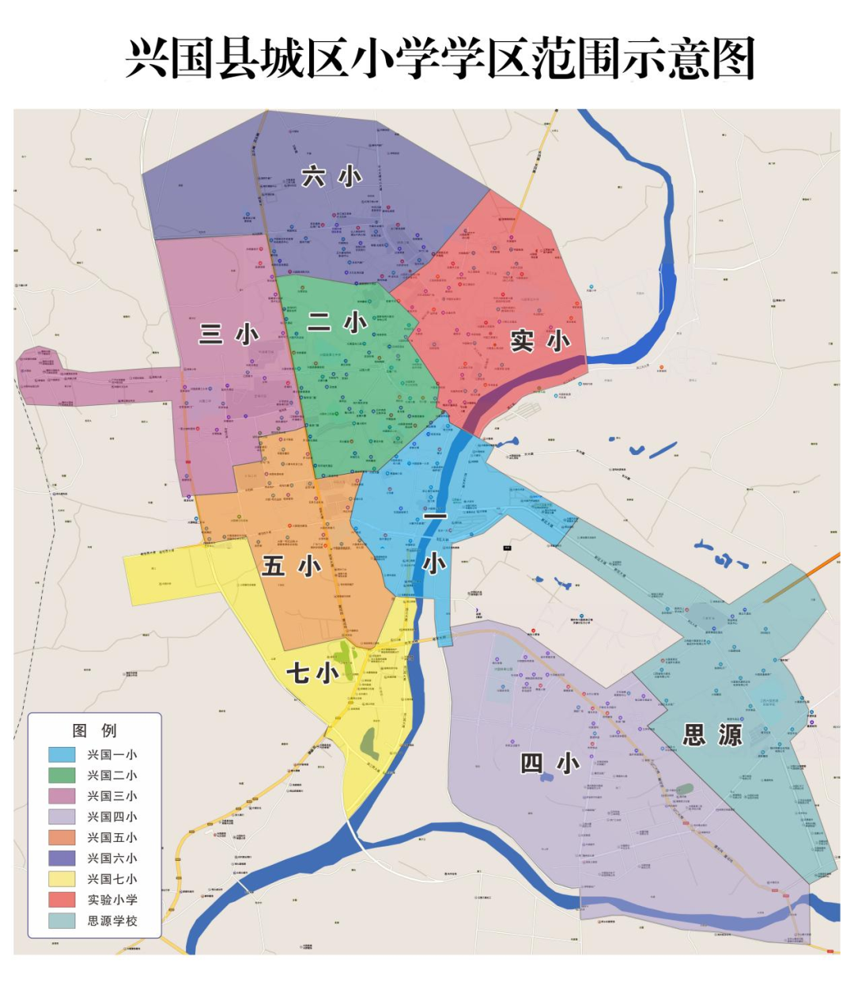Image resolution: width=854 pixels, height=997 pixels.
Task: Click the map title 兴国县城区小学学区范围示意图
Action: tap(440, 58)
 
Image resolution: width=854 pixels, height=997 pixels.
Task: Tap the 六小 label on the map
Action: tap(331, 176)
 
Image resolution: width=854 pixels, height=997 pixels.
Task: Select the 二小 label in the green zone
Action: tap(337, 322)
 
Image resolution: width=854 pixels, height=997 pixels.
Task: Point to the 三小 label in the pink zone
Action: tap(229, 334)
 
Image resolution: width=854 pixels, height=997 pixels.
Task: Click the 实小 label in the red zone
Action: tap(540, 341)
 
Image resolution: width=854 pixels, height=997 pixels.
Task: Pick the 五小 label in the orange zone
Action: tap(291, 566)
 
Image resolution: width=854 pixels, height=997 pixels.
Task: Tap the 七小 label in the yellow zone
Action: tap(312, 673)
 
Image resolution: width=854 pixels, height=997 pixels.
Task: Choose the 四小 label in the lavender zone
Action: tap(550, 763)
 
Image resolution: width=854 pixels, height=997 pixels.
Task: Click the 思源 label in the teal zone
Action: tap(712, 735)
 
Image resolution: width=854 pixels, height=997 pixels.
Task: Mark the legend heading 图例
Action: tap(94, 730)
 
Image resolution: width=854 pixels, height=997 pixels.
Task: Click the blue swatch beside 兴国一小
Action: tap(62, 755)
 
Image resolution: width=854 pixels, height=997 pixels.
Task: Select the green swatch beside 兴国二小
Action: tap(62, 775)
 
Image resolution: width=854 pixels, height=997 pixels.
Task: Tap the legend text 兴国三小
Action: tap(112, 796)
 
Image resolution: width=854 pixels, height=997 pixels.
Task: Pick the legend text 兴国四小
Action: tap(112, 817)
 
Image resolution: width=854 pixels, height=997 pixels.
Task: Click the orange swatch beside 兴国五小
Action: tap(62, 837)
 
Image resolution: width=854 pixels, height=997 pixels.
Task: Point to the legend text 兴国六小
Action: tap(112, 858)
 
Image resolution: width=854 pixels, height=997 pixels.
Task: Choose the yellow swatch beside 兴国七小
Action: tap(62, 879)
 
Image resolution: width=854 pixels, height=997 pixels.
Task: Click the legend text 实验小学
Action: tap(112, 900)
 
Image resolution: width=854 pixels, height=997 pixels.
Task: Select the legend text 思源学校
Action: tap(112, 921)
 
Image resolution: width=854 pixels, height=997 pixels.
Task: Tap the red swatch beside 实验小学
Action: tap(62, 900)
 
